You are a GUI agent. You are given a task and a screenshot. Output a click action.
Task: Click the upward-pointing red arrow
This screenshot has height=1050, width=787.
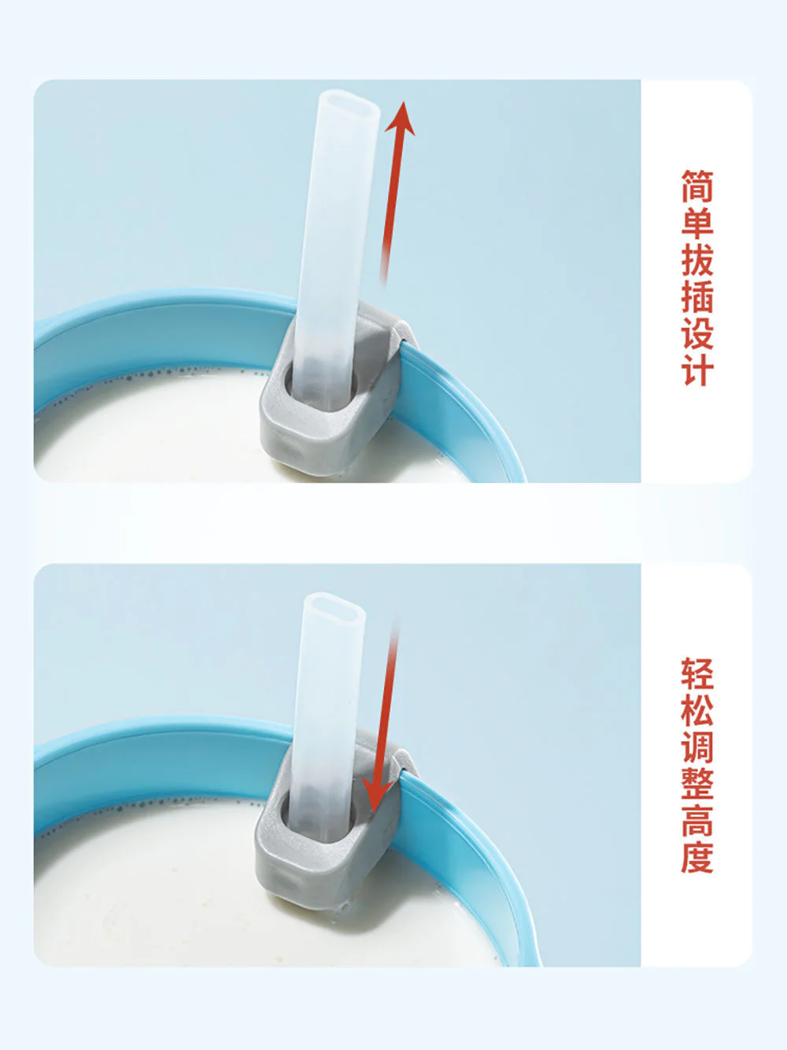(393, 194)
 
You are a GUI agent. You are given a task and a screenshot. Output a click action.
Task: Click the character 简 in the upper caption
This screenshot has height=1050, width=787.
(697, 186)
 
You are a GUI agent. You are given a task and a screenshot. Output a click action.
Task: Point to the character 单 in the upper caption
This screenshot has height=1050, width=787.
(697, 222)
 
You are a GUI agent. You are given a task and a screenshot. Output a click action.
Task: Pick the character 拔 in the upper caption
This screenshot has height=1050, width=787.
(697, 259)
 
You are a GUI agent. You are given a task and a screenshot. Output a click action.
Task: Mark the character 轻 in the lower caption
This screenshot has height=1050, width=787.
(697, 674)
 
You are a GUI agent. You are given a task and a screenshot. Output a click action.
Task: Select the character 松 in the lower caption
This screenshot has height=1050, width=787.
(697, 711)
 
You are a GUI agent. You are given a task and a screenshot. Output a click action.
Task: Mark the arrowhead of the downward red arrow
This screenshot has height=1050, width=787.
(375, 796)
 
